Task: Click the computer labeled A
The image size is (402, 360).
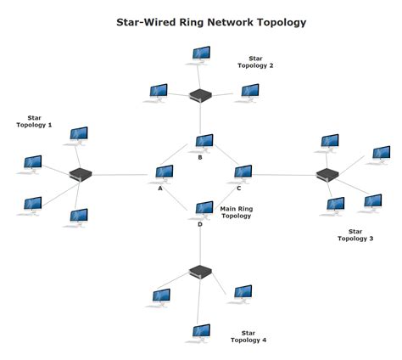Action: [x=165, y=172]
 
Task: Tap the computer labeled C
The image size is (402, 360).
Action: [x=243, y=172]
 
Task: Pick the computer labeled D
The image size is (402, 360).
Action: [x=204, y=208]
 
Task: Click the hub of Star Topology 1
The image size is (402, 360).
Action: [x=81, y=174]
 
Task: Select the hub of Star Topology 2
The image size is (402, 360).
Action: [x=200, y=95]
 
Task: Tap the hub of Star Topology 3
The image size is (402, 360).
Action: [x=327, y=175]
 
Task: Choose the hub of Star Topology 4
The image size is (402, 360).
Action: [x=200, y=272]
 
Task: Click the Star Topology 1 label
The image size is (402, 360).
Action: [x=34, y=121]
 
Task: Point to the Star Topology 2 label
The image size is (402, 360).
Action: [x=255, y=62]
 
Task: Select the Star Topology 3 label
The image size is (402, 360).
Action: [x=355, y=234]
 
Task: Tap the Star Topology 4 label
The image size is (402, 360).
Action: [x=248, y=336]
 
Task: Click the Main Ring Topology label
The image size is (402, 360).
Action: [x=237, y=212]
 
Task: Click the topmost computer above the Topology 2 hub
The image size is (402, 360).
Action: [x=201, y=54]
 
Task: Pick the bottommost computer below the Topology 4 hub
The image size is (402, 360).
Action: [x=201, y=331]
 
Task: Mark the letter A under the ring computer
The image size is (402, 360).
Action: [x=159, y=188]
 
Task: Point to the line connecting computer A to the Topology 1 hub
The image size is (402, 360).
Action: [x=123, y=175]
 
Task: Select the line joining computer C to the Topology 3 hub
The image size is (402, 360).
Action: [x=284, y=175]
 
